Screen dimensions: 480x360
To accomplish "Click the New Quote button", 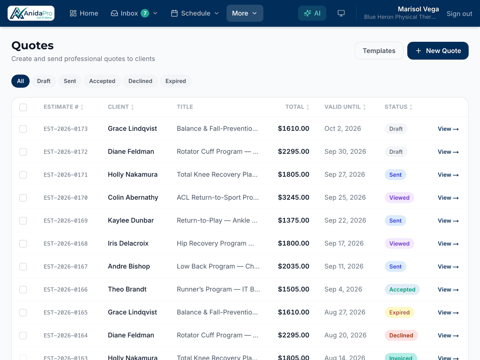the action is (x=438, y=51).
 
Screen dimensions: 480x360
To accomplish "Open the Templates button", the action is (x=379, y=51).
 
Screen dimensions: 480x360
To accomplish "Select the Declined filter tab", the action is (x=140, y=81).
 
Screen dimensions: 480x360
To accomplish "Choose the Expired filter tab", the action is (x=176, y=81).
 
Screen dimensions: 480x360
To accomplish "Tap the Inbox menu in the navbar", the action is (x=134, y=13).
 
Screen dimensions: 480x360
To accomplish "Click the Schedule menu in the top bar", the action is (x=195, y=13).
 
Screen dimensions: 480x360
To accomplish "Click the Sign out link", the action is (x=459, y=13).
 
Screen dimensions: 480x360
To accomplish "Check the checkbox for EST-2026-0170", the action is (x=23, y=198).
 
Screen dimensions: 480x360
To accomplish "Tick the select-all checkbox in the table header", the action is (x=23, y=107).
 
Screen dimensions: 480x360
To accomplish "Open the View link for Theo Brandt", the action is (x=448, y=290).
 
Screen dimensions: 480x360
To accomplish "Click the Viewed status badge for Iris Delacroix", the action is (x=399, y=244).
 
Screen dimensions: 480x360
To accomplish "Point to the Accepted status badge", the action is (x=402, y=290).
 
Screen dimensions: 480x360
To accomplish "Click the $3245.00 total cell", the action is (x=294, y=197).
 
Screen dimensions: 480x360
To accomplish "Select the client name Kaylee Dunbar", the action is (x=131, y=220).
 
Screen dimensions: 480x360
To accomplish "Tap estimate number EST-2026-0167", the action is (x=66, y=267).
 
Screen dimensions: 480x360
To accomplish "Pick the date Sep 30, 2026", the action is (x=345, y=151).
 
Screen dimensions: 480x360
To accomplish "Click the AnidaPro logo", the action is (x=31, y=13).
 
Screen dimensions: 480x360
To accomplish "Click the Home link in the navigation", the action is (x=84, y=13).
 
